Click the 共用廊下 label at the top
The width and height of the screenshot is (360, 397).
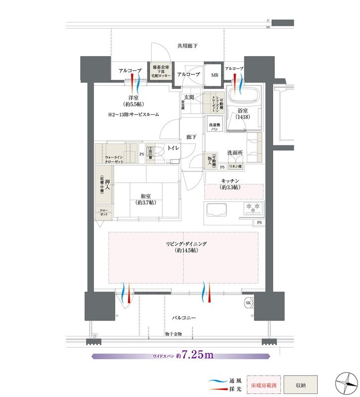coord(187,46)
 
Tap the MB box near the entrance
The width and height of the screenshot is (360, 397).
coord(215,75)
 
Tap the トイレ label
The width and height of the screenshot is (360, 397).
coord(173,148)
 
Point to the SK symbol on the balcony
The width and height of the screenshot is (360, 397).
coord(248,303)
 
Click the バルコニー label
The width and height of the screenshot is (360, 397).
coord(183,317)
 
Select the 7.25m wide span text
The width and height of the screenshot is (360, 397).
coord(198,355)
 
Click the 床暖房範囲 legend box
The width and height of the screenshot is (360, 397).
coord(264,384)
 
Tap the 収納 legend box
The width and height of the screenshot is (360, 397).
coord(300,384)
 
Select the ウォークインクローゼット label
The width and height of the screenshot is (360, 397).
coord(114,160)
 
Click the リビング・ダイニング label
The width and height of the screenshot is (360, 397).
coord(183,247)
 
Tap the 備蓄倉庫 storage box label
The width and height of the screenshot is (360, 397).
coord(161,70)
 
